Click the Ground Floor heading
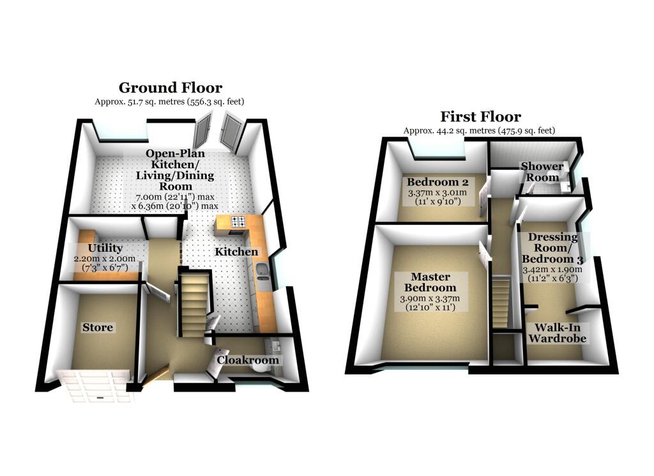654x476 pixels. pos(171,88)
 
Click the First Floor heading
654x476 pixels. pos(480,117)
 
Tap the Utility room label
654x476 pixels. pos(106,248)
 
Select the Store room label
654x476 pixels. pos(98,328)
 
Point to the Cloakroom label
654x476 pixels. pos(248,360)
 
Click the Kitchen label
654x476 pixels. pos(236,252)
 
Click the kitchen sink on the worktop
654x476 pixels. pos(262,275)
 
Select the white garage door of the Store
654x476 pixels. pos(96,386)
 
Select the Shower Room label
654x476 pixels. pos(542,172)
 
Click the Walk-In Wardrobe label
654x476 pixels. pos(560,333)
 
